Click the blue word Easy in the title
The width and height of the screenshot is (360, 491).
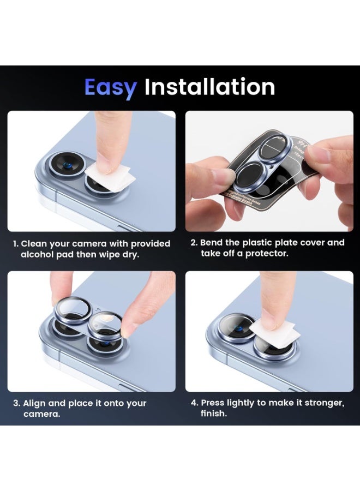click(110, 88)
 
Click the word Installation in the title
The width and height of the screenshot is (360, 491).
click(209, 87)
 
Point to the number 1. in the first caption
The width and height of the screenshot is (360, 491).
click(16, 244)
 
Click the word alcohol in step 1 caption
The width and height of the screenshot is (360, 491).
click(39, 255)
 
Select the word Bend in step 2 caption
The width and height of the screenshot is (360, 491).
click(212, 242)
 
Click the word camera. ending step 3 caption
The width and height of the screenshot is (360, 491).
click(41, 414)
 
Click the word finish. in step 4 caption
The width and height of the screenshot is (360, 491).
click(214, 414)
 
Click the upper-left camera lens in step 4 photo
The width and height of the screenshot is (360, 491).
click(236, 327)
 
